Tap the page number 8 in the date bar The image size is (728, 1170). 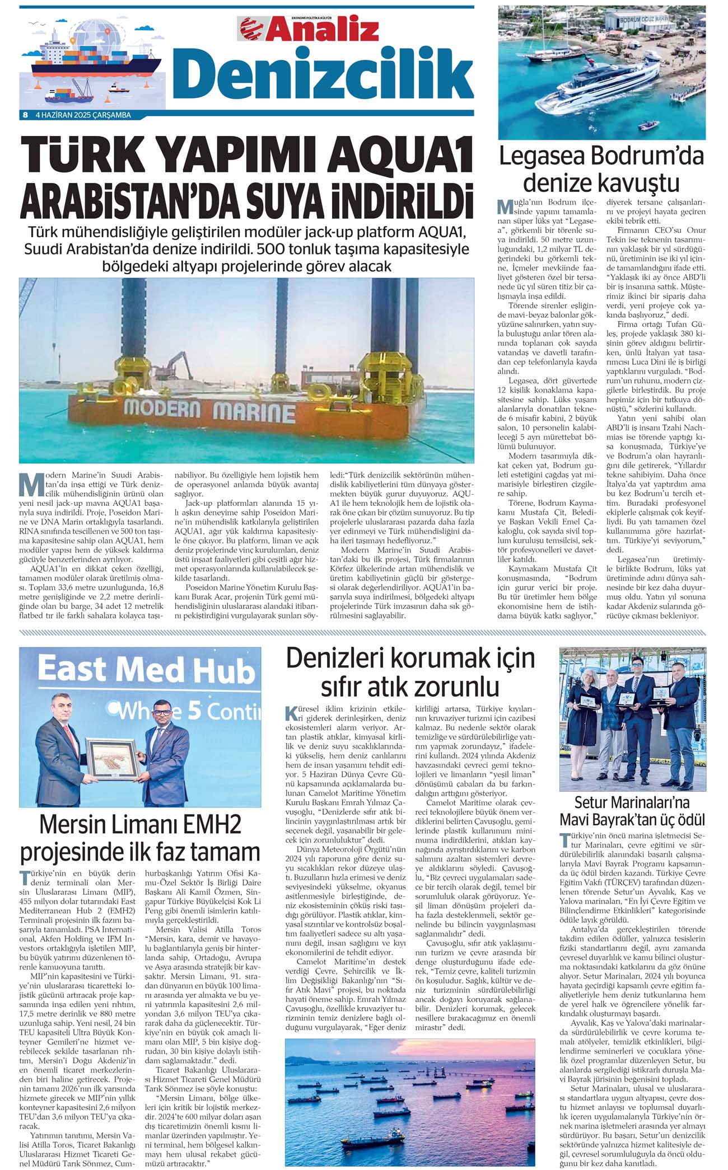25,115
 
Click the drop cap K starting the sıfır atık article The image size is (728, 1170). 292,713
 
